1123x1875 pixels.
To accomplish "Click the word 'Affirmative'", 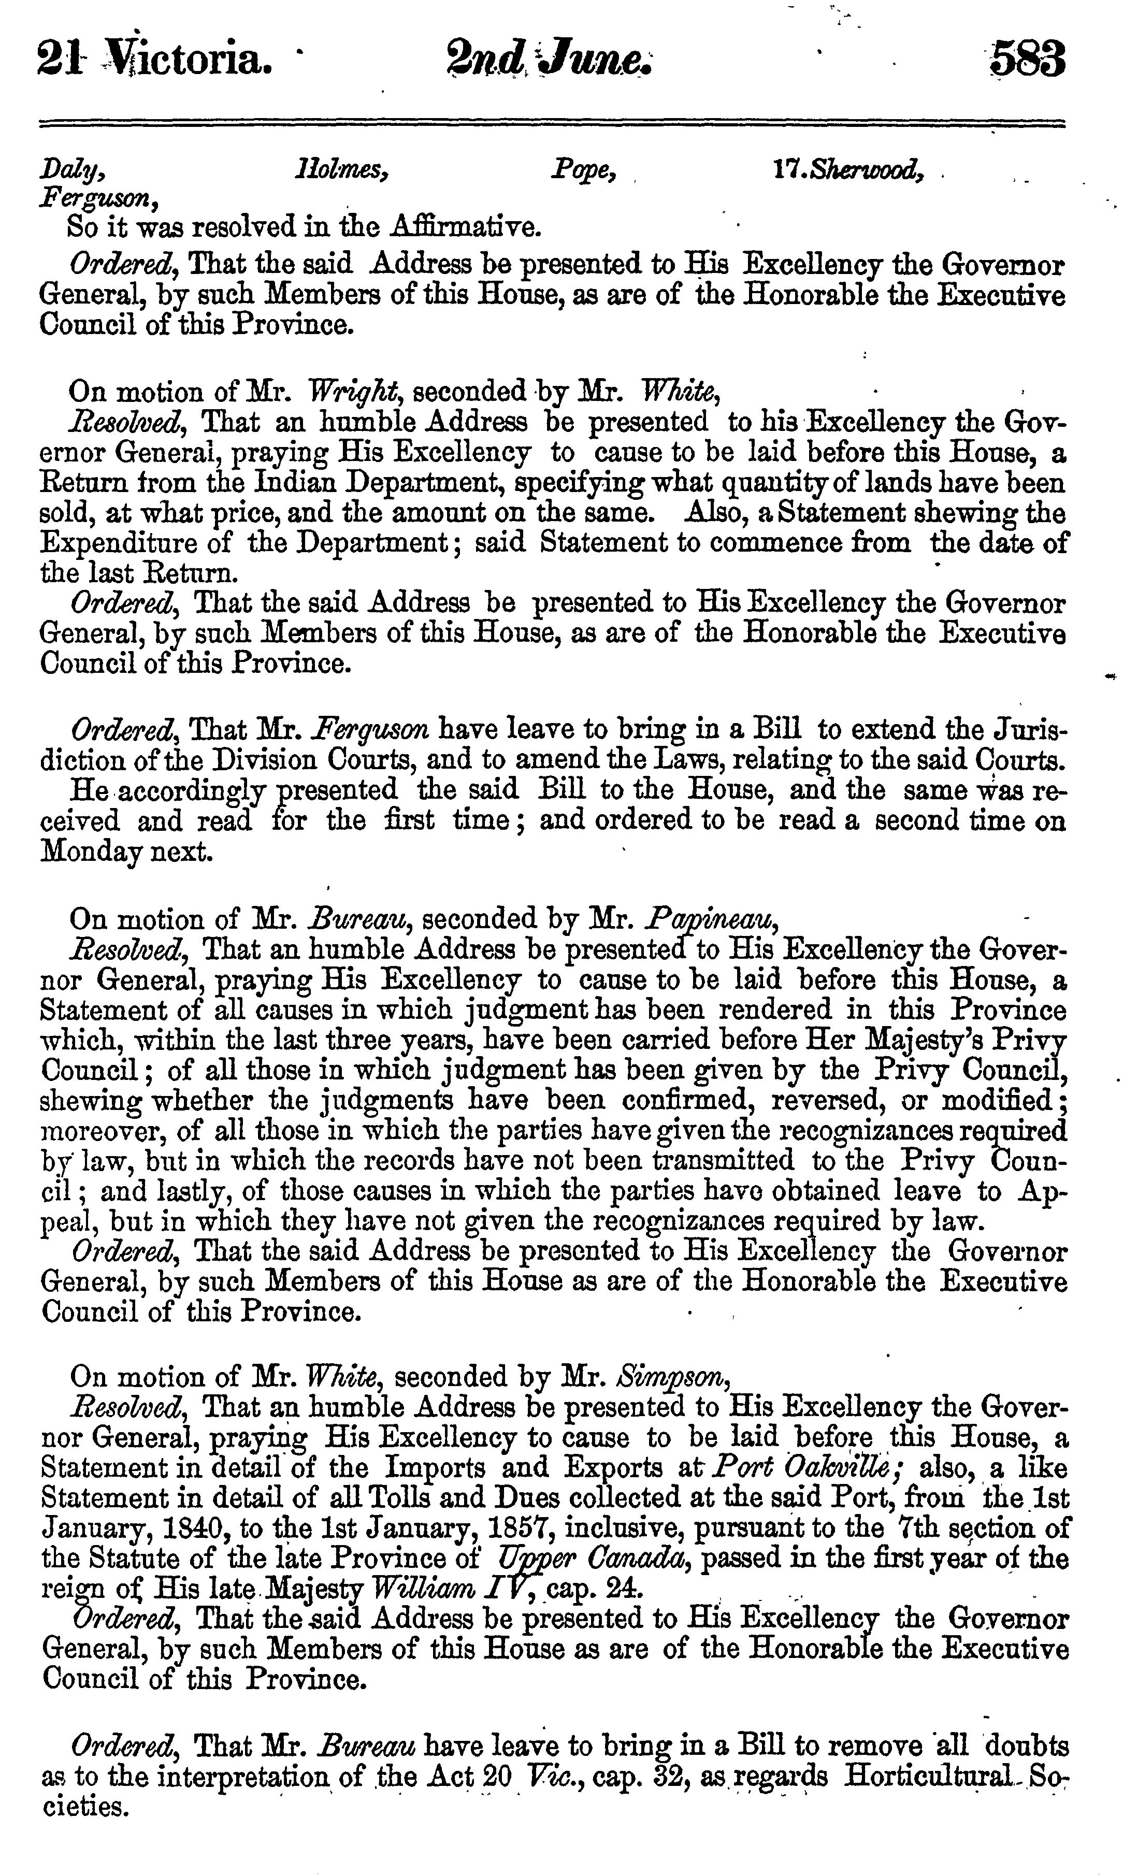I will (x=465, y=226).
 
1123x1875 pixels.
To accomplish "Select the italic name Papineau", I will (x=711, y=919).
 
